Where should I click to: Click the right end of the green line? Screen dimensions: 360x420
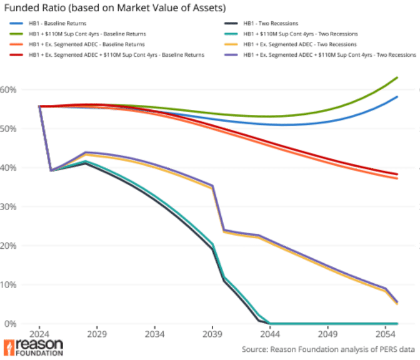[x=398, y=77]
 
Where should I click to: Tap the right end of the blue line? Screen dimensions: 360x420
[x=398, y=96]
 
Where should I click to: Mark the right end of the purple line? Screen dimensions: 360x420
[x=398, y=303]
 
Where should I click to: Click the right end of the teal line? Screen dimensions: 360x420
[x=397, y=324]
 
